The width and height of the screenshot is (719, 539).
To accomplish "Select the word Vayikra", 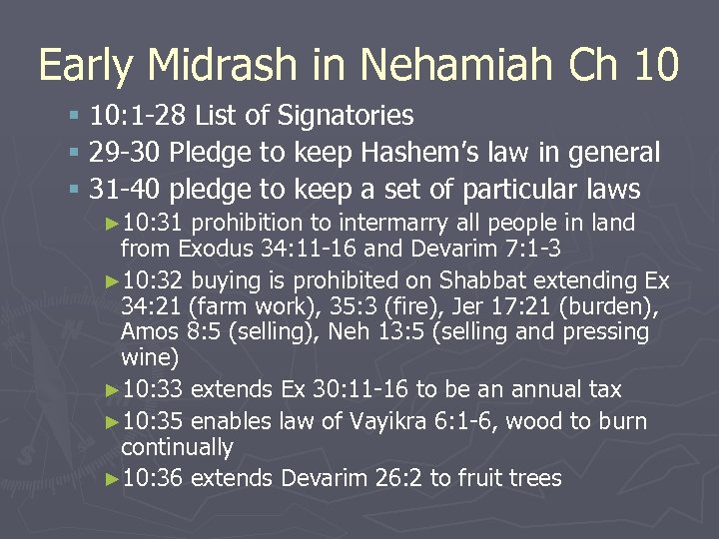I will tap(396, 422).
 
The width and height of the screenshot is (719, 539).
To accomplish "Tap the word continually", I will tap(177, 448).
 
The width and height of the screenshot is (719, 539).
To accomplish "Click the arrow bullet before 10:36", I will tap(111, 480).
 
